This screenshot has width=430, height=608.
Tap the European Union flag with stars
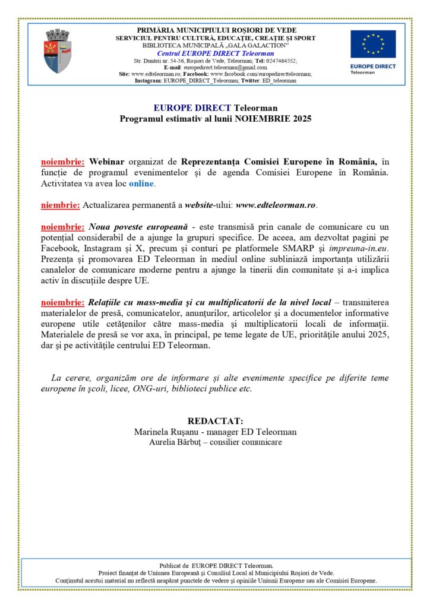pos(372,44)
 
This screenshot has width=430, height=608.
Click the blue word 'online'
pos(142,184)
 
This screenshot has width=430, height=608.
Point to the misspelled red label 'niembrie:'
pos(61,205)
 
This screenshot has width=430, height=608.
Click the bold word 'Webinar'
pos(107,161)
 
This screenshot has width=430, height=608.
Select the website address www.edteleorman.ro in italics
pos(276,205)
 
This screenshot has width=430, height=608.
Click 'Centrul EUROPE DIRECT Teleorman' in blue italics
pos(216,53)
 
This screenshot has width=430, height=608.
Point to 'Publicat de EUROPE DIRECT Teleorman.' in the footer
pos(216,565)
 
